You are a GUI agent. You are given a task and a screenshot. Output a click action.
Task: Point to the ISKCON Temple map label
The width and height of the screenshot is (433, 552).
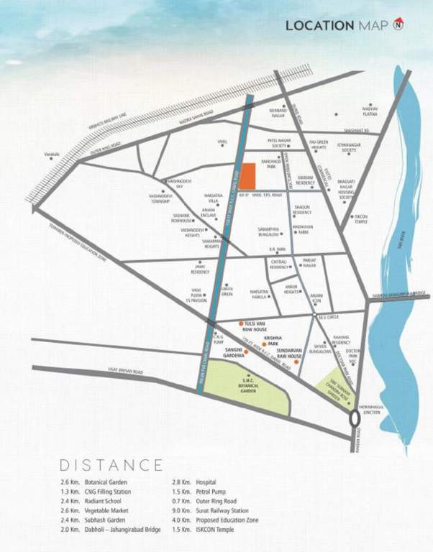362,218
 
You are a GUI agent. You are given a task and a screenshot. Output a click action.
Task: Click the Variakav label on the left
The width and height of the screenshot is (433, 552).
50,153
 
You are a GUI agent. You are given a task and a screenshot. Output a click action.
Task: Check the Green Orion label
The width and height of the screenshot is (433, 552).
227,290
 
